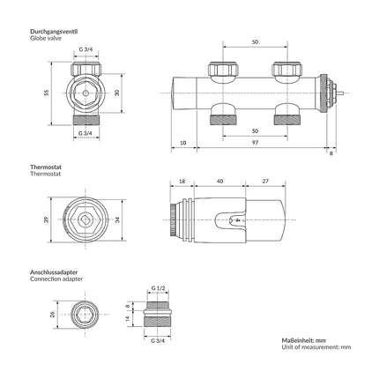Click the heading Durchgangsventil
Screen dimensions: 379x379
point(54,32)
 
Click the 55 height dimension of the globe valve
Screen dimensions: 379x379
point(46,93)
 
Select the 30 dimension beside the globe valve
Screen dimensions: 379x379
point(117,93)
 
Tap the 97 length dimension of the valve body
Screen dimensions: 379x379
point(255,143)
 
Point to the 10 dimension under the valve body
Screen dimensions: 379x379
point(182,143)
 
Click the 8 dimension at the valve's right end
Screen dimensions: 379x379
point(331,153)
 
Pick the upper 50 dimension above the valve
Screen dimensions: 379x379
point(255,42)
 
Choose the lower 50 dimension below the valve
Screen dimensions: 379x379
point(255,131)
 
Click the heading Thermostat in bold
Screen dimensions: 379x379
point(46,167)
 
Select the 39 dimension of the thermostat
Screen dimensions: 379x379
point(46,219)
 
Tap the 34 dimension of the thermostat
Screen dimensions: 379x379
point(117,219)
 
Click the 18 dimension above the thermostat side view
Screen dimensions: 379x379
point(182,182)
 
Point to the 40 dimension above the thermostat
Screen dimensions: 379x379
point(219,182)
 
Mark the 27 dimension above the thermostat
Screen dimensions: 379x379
point(265,182)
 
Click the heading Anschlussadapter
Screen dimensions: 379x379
point(54,272)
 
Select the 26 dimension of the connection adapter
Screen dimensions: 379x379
point(53,315)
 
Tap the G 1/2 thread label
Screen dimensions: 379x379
point(158,288)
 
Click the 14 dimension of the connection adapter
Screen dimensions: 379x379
point(128,318)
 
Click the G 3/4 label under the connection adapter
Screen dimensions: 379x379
point(158,341)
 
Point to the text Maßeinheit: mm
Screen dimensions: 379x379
point(304,340)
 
